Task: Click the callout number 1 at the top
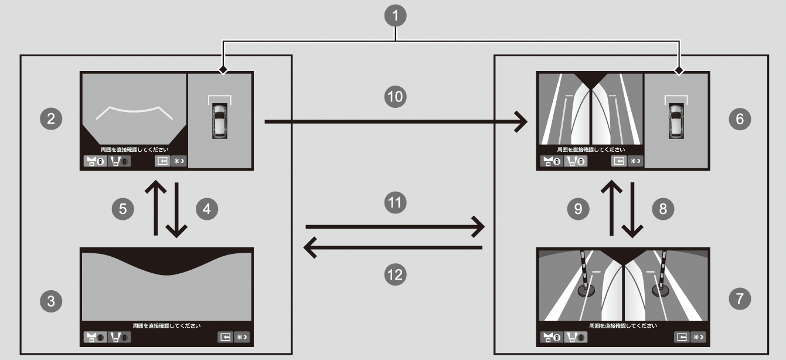click(397, 16)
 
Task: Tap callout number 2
click(51, 119)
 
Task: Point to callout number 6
click(739, 119)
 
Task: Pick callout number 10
click(396, 97)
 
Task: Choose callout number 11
click(396, 202)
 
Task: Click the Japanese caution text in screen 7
click(624, 324)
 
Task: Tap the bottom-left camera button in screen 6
click(550, 161)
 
